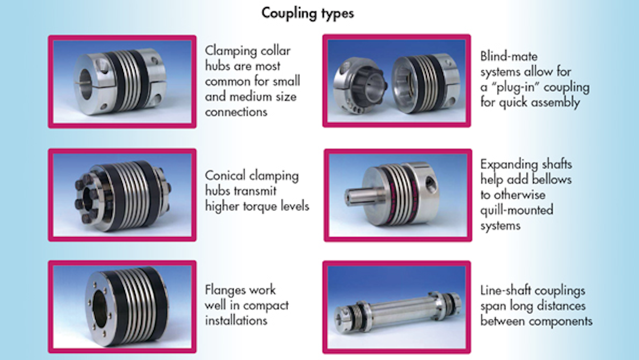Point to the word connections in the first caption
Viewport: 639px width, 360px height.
coord(236,112)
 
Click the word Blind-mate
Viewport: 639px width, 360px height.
coord(509,56)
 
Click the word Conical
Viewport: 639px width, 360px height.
coord(225,175)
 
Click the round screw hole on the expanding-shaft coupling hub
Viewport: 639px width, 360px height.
coord(429,183)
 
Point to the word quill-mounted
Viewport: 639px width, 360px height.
coord(517,210)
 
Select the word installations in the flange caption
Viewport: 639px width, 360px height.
coord(236,321)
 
